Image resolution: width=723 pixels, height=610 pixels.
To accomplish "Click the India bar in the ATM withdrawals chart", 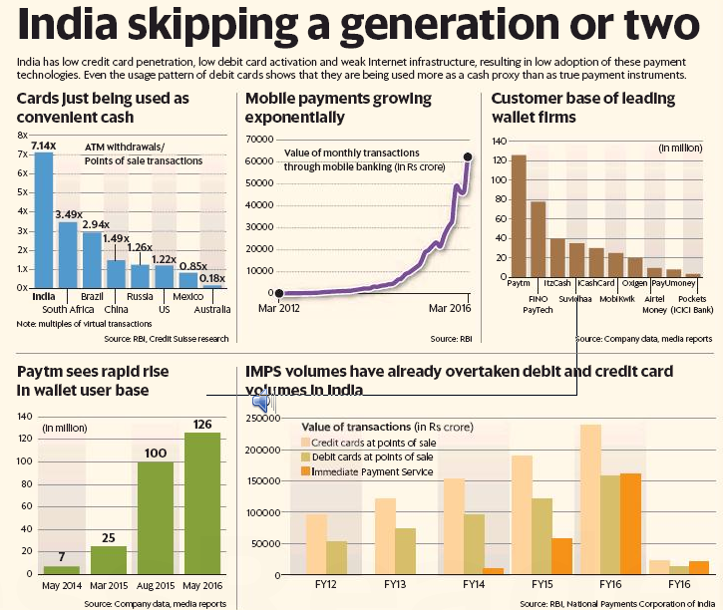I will (43, 219).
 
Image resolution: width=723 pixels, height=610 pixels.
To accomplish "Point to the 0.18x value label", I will (210, 278).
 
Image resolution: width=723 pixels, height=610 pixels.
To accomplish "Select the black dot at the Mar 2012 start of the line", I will (279, 293).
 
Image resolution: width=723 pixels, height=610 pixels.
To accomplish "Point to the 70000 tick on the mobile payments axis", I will (258, 141).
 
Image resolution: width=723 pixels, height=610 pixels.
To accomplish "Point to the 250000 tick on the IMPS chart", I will (262, 420).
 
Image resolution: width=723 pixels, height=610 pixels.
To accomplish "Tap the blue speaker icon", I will (262, 402).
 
